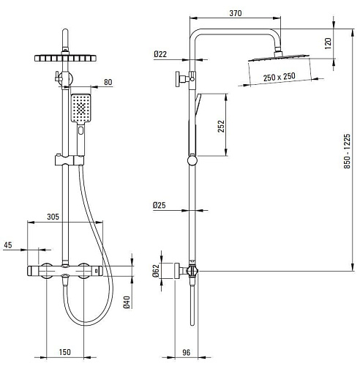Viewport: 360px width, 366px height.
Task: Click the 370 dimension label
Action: coord(236,13)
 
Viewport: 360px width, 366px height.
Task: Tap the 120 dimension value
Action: coord(329,43)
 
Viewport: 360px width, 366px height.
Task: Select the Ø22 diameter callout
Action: coord(160,54)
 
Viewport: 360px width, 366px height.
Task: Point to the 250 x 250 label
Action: coord(280,77)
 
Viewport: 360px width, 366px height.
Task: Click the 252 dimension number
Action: coord(221,126)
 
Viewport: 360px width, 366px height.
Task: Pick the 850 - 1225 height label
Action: coord(347,151)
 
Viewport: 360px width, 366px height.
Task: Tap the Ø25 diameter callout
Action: coord(160,205)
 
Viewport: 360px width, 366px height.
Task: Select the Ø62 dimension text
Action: coord(156,271)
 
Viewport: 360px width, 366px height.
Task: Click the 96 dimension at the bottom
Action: coord(186,352)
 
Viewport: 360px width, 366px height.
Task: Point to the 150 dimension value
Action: coord(64,352)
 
